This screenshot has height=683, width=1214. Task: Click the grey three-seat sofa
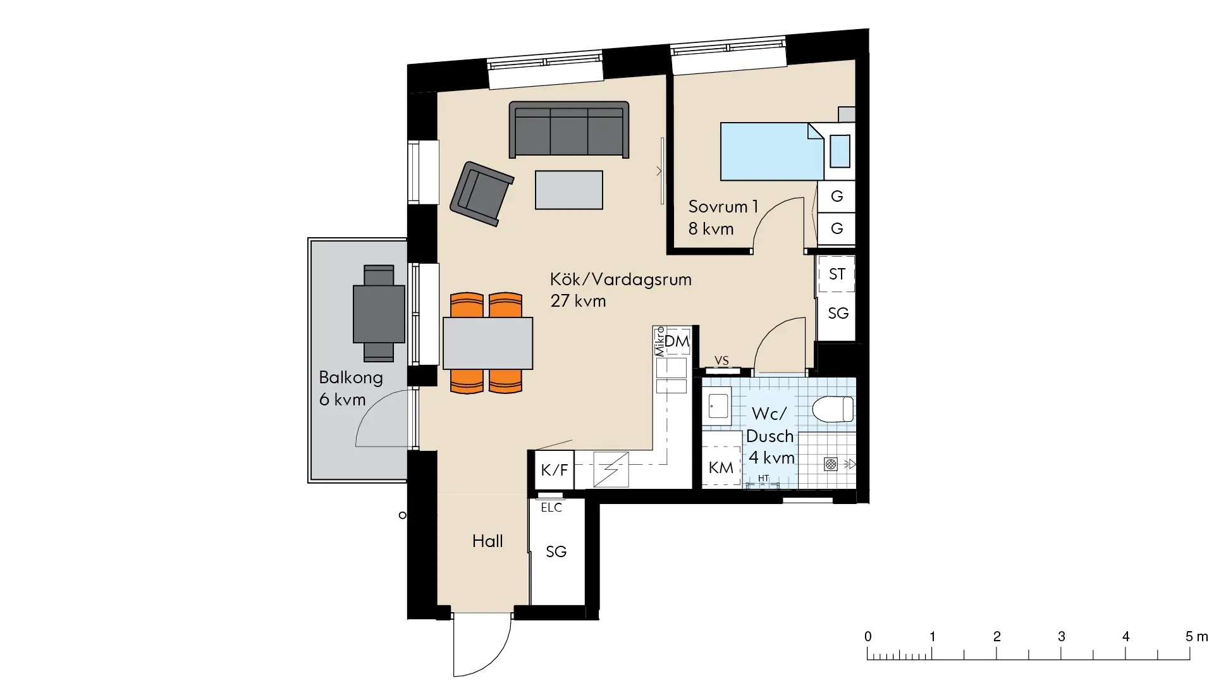(569, 130)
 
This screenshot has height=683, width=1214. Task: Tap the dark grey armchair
(482, 194)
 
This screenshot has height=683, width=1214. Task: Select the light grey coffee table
(569, 190)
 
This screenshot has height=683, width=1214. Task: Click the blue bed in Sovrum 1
(773, 151)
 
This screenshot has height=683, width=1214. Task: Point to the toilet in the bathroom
(833, 409)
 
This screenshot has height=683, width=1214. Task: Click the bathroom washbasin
(718, 405)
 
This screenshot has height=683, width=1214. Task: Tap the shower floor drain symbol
(831, 464)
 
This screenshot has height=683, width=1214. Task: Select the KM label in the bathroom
(721, 467)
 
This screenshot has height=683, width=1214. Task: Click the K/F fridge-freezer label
(555, 470)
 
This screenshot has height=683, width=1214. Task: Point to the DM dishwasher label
(677, 341)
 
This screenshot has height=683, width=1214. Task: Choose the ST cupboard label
(837, 274)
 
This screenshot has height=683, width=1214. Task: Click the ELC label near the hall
(551, 507)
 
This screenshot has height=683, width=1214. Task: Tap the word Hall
(487, 541)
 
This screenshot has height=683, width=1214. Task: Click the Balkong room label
(351, 378)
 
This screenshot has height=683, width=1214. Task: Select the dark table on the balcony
(379, 314)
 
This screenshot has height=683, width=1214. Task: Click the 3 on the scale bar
(1061, 637)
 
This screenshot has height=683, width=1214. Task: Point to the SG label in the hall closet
(556, 552)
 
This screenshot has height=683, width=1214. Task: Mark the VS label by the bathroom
(721, 360)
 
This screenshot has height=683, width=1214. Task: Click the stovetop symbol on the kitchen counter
(611, 469)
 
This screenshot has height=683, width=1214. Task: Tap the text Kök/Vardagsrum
(621, 280)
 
